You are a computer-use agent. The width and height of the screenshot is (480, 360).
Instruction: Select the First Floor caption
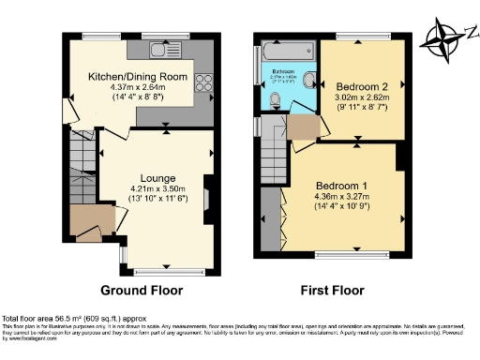[x=332, y=290]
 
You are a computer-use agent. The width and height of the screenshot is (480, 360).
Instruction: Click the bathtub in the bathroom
[x=286, y=49]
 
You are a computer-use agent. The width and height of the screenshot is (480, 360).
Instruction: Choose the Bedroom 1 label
[x=341, y=184]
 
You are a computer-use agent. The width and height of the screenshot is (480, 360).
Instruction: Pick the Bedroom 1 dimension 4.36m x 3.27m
[x=341, y=195]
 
